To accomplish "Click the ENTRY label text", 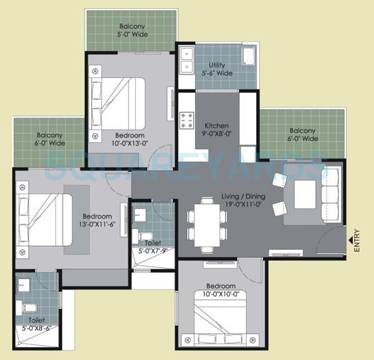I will tap(357, 241).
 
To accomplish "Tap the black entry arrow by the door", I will tap(348, 236).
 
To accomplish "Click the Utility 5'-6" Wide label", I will tap(218, 69).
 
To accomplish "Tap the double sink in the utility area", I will tap(186, 59).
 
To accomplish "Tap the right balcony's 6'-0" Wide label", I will tap(302, 135).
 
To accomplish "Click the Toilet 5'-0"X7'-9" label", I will tap(152, 246).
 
